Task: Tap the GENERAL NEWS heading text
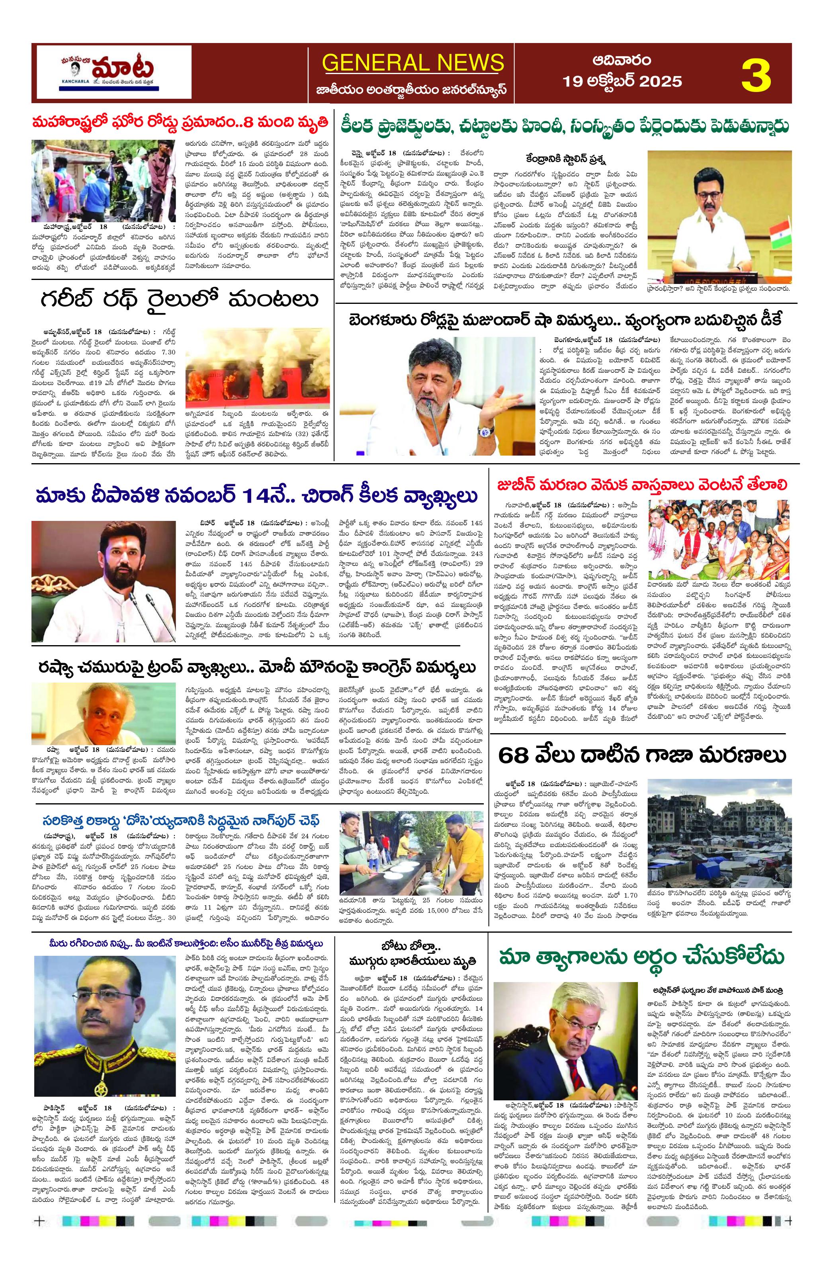[413, 63]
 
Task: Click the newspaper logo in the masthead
[112, 73]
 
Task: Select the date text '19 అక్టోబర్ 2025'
[622, 81]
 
